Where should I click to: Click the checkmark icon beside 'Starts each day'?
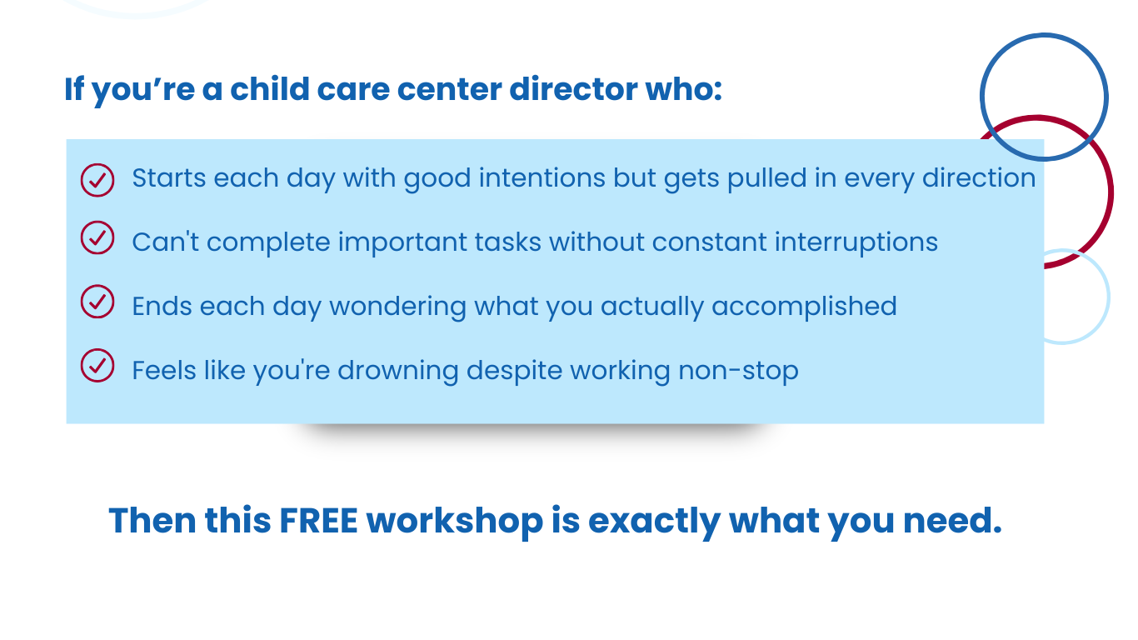click(x=97, y=180)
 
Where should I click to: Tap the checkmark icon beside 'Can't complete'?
click(x=97, y=237)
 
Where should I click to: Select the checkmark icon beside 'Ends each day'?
click(x=97, y=302)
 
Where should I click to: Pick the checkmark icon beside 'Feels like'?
click(x=97, y=366)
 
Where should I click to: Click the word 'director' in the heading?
click(x=573, y=89)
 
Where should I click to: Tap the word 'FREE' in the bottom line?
click(x=318, y=521)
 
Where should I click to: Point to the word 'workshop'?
click(x=455, y=522)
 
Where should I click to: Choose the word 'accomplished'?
click(x=804, y=307)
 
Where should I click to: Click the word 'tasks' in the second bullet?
click(x=508, y=242)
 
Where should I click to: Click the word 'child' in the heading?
click(x=270, y=89)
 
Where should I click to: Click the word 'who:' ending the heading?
click(x=684, y=89)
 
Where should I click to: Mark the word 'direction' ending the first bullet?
click(x=979, y=178)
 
